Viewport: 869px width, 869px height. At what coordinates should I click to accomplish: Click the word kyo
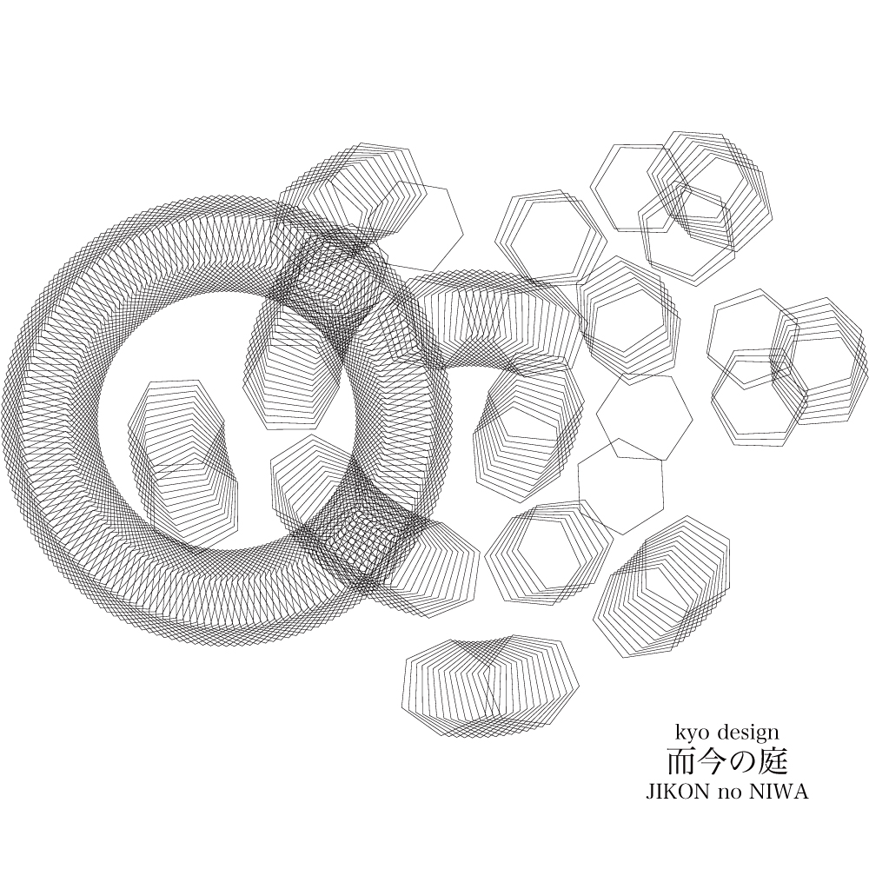692,733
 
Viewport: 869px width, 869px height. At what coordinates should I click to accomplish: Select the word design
748,733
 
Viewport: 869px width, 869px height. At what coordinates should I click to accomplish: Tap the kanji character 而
680,763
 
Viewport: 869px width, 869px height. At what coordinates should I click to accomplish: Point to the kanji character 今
712,763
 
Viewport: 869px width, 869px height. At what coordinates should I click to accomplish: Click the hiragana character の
742,763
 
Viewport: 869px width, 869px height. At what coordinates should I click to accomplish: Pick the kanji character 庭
773,763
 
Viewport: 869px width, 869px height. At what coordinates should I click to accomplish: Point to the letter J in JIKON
650,793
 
